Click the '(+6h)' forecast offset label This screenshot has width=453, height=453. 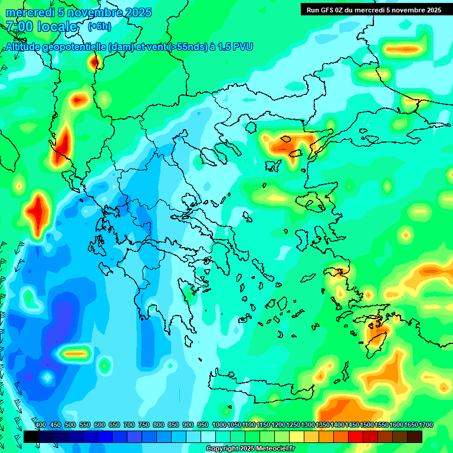[99, 27]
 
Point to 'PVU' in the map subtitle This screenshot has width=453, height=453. [241, 47]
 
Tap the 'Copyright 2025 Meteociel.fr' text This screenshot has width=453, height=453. [250, 449]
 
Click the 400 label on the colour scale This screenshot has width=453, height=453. [41, 425]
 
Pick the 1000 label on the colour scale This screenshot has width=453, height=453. [219, 425]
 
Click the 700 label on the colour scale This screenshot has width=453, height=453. [129, 425]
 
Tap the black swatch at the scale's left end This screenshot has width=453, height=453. [31, 436]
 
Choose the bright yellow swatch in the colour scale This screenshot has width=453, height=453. [297, 436]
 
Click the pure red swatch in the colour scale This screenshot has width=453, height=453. [356, 436]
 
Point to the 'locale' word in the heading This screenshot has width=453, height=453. [57, 27]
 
